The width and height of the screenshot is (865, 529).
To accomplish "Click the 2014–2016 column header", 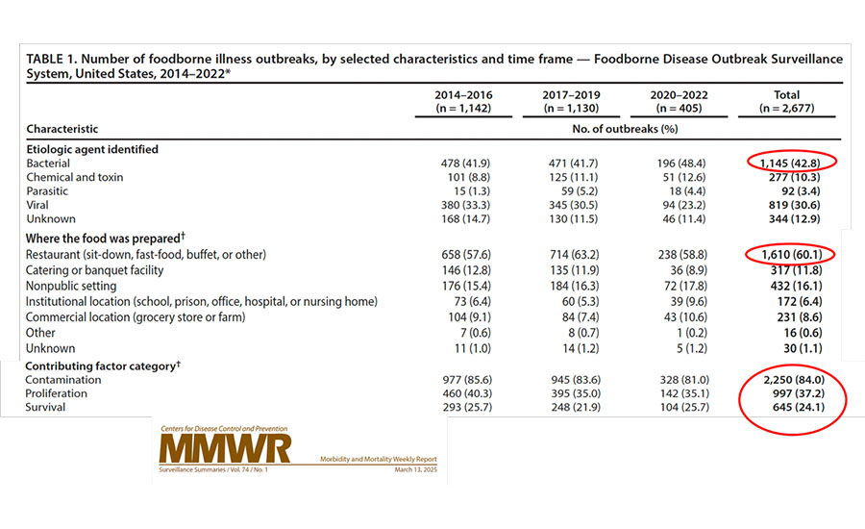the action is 463,102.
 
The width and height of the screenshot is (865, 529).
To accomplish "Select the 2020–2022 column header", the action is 679,102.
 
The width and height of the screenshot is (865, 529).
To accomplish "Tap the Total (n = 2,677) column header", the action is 786,102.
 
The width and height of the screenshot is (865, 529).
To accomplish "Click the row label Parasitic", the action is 47,191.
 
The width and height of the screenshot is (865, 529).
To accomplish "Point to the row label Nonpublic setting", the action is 70,286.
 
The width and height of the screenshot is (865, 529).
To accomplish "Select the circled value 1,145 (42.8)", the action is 790,163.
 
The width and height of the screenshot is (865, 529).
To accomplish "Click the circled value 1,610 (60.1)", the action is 792,255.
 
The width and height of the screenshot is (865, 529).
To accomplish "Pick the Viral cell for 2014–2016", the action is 465,205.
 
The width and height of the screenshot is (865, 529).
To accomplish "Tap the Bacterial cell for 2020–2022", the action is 681,164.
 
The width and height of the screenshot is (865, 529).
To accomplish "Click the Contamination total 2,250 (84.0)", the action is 794,380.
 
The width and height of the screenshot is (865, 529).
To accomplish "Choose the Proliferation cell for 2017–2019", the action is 576,393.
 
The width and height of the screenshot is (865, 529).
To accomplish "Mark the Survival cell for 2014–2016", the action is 467,408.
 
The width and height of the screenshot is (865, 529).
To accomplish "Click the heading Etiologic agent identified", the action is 92,149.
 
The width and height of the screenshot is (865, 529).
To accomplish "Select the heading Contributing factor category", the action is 100,366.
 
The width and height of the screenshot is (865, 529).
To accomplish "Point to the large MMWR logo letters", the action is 225,448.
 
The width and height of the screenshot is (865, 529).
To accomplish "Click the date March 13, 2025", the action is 415,470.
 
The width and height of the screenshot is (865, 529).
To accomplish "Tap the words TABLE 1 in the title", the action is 51,59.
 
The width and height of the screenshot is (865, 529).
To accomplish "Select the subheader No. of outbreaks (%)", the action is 625,129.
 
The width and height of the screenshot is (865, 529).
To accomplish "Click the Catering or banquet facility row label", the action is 94,270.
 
